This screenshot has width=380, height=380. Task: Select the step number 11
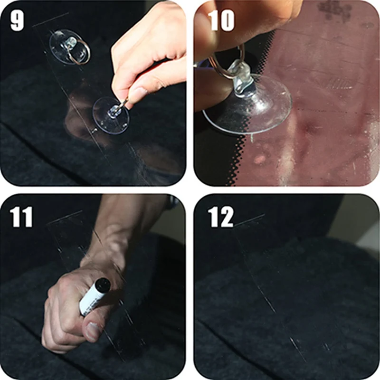pyautogui.click(x=21, y=217)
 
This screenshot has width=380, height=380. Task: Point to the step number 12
pyautogui.click(x=220, y=217)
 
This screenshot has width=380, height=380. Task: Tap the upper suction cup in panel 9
pyautogui.click(x=68, y=47)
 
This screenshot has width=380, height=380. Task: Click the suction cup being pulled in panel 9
pyautogui.click(x=111, y=115)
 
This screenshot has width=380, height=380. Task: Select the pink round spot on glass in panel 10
pyautogui.click(x=260, y=160)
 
